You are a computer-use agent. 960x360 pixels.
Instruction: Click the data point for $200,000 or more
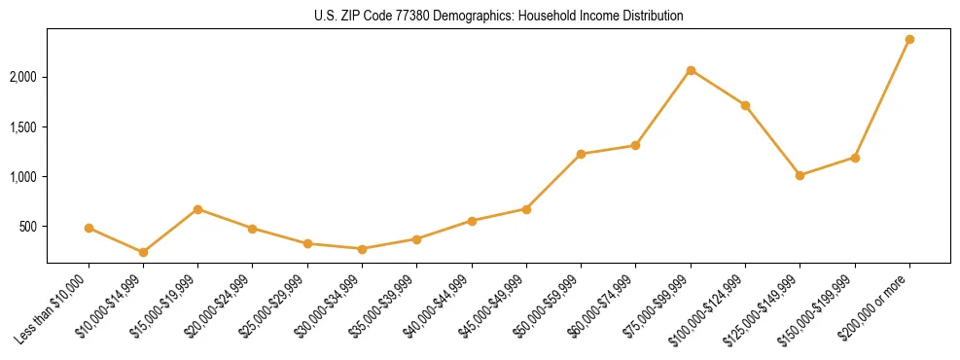[909, 40]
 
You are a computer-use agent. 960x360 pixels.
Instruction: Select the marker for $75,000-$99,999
[691, 70]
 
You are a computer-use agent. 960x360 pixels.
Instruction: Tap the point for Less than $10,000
[89, 228]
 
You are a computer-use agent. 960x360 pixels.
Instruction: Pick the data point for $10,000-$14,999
[143, 252]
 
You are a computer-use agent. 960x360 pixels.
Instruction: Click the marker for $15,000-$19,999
[197, 209]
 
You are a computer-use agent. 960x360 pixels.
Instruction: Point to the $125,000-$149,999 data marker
[800, 175]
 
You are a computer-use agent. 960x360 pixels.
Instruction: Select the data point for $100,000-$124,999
[745, 105]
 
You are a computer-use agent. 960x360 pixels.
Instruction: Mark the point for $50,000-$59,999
[581, 154]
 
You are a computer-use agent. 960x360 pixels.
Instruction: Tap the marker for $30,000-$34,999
[362, 249]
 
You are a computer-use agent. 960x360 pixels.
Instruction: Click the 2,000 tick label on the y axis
[25, 77]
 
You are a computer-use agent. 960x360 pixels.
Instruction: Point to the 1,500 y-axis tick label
[25, 127]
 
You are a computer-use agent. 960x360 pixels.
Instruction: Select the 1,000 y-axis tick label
[25, 177]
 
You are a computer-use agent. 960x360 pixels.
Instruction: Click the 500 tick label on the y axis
[30, 227]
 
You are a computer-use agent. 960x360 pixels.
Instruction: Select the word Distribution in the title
[651, 16]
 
